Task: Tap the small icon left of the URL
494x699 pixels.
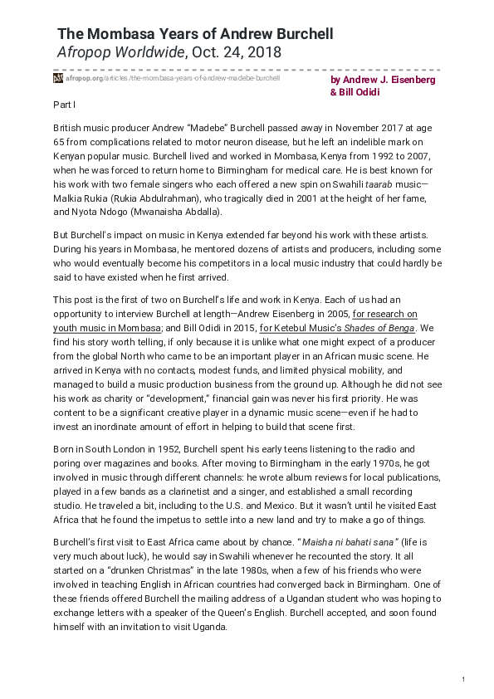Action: (x=58, y=78)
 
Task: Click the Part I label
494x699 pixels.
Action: (x=64, y=105)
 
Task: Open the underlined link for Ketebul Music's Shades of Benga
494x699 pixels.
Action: (x=362, y=327)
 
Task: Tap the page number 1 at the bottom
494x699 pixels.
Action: (x=468, y=681)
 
